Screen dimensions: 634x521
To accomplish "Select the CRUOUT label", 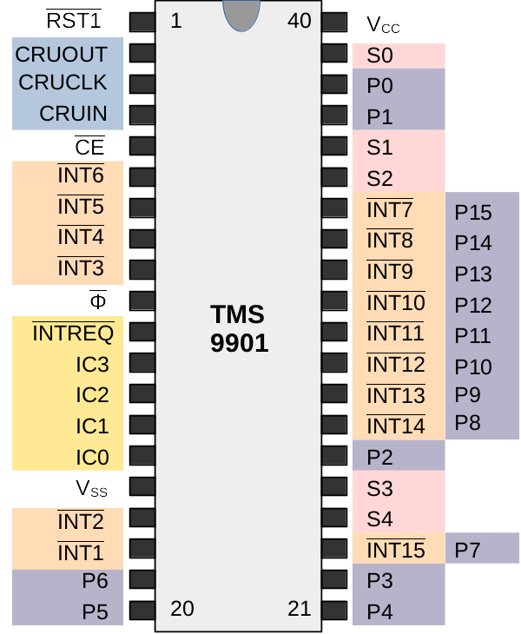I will (62, 54).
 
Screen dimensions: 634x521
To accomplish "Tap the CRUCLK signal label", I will (63, 83).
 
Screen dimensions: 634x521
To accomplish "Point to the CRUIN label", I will (74, 114).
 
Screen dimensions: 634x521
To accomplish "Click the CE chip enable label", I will (89, 146).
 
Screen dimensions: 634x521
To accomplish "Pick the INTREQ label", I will (73, 333).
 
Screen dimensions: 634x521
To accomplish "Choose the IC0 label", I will (92, 457).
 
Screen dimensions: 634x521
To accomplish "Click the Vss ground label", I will (91, 489).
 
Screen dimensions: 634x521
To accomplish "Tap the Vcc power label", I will (383, 23).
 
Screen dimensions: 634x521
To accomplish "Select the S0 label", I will (379, 56).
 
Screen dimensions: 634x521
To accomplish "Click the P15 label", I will (473, 212).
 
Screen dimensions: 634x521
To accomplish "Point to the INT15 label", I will (396, 550).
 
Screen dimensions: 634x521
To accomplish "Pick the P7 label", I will (467, 550).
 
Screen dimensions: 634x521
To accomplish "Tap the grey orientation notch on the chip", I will (240, 14).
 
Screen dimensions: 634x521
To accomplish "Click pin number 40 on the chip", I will (299, 21).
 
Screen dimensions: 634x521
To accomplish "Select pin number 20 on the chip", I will (182, 608).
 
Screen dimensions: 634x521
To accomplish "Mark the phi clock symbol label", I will (98, 300).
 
